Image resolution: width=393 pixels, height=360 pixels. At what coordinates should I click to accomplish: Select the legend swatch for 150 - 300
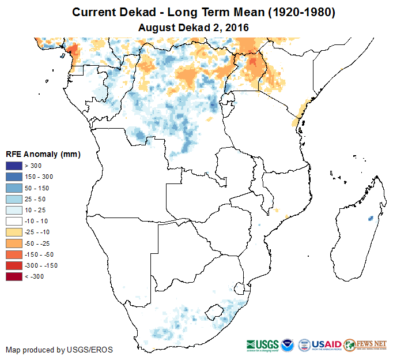14,177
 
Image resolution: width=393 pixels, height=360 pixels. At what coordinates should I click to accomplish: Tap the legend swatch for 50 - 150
14,188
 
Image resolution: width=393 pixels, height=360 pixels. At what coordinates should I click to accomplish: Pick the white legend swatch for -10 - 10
14,221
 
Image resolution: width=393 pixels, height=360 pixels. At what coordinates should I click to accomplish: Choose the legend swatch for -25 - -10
14,232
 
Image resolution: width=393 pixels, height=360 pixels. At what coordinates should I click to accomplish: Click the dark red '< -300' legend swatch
14,276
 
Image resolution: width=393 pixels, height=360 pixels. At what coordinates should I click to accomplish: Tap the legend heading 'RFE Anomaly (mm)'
43,154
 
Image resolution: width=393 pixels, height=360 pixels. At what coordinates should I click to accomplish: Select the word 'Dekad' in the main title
134,12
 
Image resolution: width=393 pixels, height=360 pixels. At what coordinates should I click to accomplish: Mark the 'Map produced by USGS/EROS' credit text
59,350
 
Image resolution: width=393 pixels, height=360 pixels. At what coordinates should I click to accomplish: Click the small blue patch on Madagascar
370,219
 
